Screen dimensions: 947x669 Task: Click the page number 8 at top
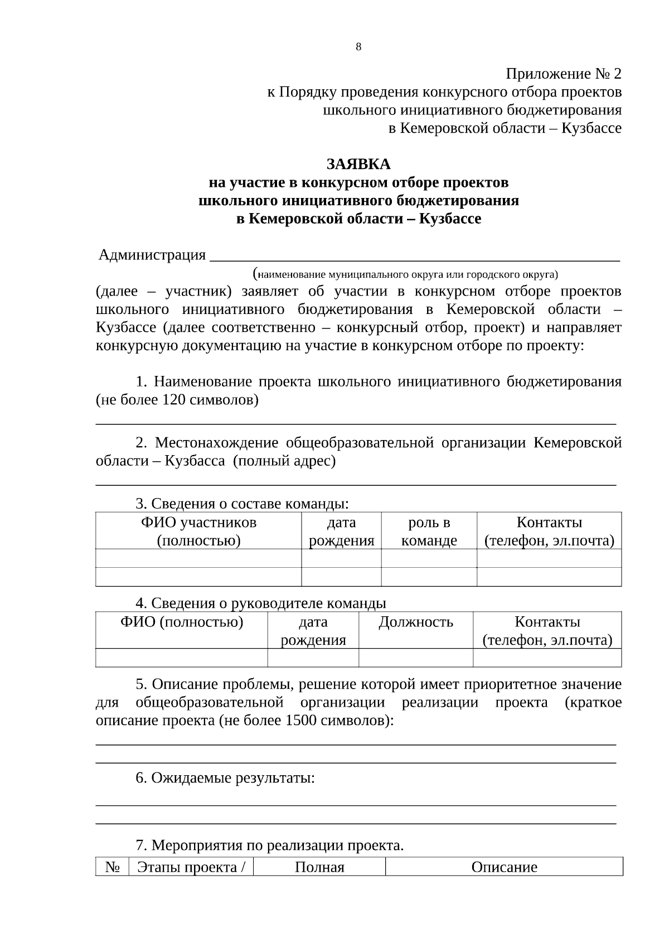coord(358,47)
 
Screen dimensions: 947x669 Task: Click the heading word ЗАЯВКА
coord(358,165)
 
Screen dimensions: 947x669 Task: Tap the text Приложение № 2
coord(563,74)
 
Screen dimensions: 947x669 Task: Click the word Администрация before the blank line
coord(152,255)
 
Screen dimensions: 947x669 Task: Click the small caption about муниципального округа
coord(406,274)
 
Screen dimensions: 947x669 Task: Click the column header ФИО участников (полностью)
coord(198,531)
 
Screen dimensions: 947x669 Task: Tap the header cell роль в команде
coord(429,531)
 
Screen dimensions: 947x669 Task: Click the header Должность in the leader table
coord(415,622)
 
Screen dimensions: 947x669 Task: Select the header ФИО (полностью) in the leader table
coord(182,622)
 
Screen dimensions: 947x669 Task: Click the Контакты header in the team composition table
coord(549,531)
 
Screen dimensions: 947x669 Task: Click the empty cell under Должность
coord(415,658)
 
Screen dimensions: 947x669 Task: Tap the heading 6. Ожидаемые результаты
coord(225,778)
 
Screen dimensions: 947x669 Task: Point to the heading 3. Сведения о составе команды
coord(242,504)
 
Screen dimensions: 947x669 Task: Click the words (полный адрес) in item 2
coord(284,461)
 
